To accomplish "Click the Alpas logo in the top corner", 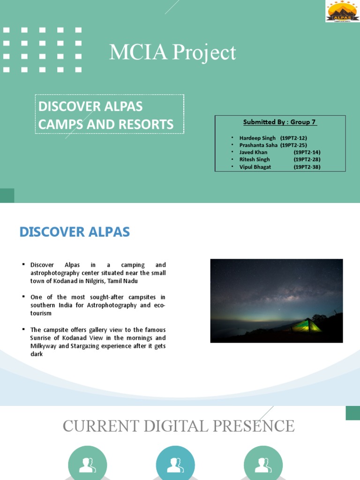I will click(x=342, y=12).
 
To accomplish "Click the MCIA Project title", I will click(x=172, y=52).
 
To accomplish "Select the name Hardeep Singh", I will click(x=257, y=138).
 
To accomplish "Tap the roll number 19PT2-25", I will click(x=293, y=145).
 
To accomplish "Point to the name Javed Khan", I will click(x=253, y=152).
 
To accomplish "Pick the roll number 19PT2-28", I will click(x=307, y=159).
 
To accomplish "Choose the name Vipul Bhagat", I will click(x=255, y=167).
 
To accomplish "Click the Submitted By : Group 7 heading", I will click(x=280, y=122).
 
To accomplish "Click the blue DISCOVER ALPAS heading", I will click(x=75, y=232).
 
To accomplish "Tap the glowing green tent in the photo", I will click(x=307, y=325).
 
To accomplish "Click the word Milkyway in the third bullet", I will click(x=43, y=346).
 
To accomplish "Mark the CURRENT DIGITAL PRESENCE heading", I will click(x=179, y=426).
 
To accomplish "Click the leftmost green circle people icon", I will click(x=87, y=464).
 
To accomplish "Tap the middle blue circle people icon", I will click(x=175, y=464).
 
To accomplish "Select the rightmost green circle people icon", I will click(x=263, y=464).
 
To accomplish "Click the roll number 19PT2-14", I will click(x=307, y=152).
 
